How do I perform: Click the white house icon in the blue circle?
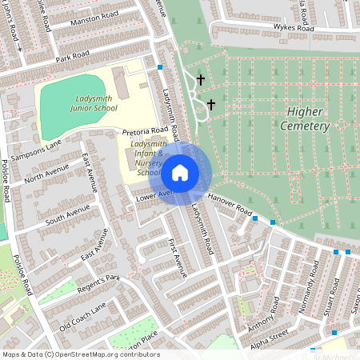tap(180, 171)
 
